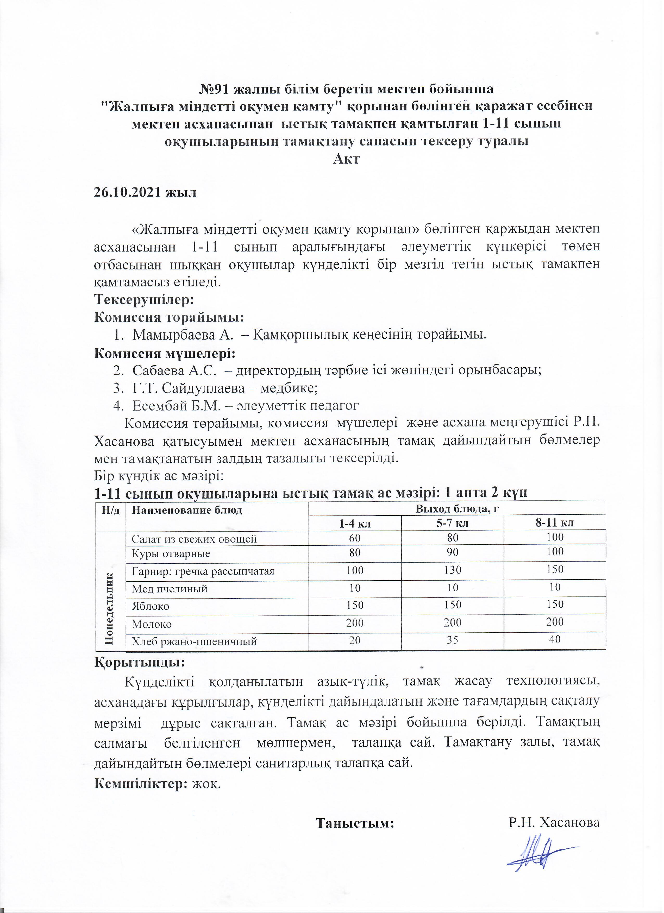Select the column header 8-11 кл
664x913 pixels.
(x=555, y=523)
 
